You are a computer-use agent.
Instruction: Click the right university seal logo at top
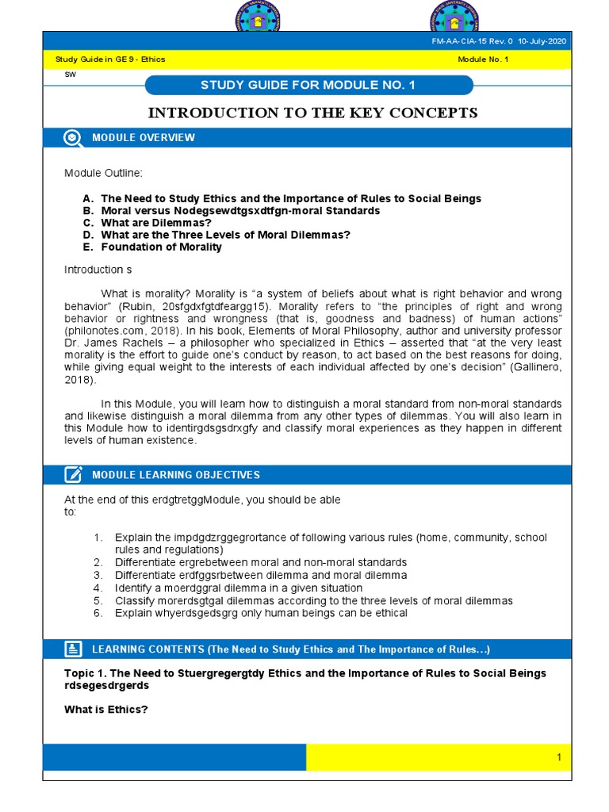click(454, 16)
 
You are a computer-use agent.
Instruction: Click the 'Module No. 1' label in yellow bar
click(483, 59)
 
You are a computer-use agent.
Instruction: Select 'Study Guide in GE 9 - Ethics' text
click(109, 59)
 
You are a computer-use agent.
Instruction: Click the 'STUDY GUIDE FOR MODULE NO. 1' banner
click(309, 86)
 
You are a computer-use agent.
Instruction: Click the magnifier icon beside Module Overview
click(73, 138)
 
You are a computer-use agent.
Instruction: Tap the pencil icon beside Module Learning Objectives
click(73, 475)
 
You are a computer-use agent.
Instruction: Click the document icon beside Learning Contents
click(73, 649)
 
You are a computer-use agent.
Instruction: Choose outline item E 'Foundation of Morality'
click(161, 247)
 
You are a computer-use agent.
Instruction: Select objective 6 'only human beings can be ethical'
click(261, 613)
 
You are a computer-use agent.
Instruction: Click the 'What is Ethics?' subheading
click(106, 709)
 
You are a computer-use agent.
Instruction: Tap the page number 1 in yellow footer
click(558, 758)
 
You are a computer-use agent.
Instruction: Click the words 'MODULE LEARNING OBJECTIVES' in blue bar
click(175, 475)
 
